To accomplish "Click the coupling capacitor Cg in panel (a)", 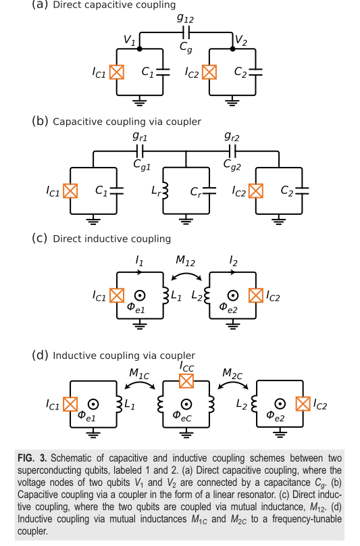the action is pyautogui.click(x=186, y=32).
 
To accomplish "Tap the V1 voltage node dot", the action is pyautogui.click(x=140, y=49).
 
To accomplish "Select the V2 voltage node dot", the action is pyautogui.click(x=232, y=49).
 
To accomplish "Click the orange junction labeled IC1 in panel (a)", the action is pyautogui.click(x=117, y=72).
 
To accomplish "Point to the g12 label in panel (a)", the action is pyautogui.click(x=185, y=18).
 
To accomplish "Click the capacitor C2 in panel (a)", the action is pyautogui.click(x=255, y=72).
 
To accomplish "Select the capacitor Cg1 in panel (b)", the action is pyautogui.click(x=140, y=151).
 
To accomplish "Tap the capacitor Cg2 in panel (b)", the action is pyautogui.click(x=232, y=151).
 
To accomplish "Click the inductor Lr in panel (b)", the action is pyautogui.click(x=165, y=191).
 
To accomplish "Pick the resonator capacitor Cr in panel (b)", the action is pyautogui.click(x=209, y=191).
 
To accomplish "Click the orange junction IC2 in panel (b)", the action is pyautogui.click(x=256, y=191).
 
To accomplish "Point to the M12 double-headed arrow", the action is pyautogui.click(x=186, y=275).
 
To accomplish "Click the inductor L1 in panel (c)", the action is pyautogui.click(x=165, y=295).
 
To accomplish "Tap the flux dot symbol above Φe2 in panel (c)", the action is pyautogui.click(x=233, y=295).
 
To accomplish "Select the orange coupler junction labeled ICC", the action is pyautogui.click(x=186, y=380).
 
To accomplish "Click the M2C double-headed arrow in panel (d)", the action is pyautogui.click(x=233, y=384).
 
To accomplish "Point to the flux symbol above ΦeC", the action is pyautogui.click(x=186, y=404).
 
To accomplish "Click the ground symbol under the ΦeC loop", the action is pyautogui.click(x=186, y=433).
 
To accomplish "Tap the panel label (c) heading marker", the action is pyautogui.click(x=39, y=238).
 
